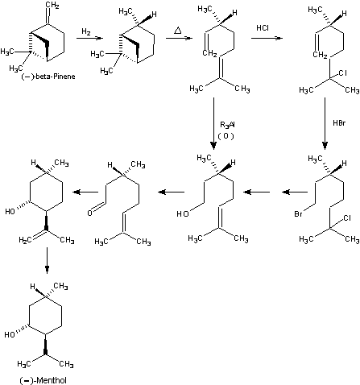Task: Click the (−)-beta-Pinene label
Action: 48,77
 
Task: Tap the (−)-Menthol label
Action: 43,380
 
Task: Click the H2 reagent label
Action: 86,31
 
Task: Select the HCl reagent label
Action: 263,28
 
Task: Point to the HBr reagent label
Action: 339,123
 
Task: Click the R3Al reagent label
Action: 227,125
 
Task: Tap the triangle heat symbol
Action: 177,31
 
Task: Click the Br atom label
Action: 298,214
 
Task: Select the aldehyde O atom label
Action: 90,213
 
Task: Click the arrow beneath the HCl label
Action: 267,38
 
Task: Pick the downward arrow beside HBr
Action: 325,123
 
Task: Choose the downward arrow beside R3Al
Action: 213,123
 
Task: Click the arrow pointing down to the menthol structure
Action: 47,260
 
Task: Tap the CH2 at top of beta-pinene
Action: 52,5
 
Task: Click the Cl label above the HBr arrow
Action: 342,72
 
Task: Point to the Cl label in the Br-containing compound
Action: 347,218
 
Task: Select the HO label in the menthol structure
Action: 10,334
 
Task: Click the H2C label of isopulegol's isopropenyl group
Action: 25,240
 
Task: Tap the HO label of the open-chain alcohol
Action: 183,213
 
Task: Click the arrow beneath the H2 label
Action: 89,38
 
